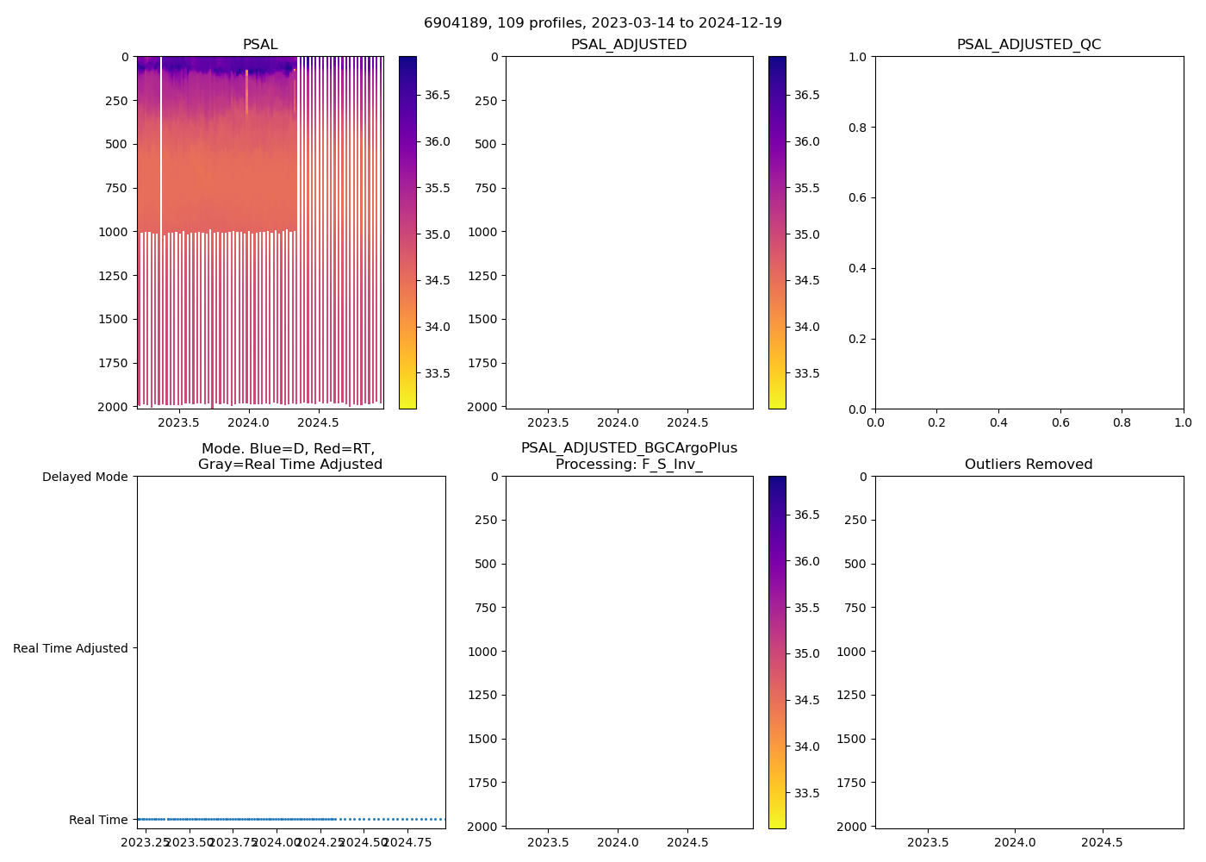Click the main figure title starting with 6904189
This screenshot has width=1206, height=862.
click(603, 23)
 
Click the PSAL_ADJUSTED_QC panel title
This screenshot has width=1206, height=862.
click(1029, 45)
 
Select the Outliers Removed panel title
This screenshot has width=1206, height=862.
click(1029, 465)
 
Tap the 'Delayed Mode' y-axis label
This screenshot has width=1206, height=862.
click(84, 477)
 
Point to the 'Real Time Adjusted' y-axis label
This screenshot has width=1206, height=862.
click(71, 648)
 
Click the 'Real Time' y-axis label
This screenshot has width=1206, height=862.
click(98, 820)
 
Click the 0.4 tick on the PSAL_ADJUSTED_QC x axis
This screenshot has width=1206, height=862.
click(998, 422)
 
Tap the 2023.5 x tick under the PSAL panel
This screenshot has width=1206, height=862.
click(178, 422)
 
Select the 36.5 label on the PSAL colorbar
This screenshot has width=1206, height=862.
click(438, 95)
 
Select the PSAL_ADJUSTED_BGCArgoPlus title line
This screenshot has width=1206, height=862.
click(629, 448)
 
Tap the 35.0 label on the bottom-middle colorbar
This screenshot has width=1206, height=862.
click(807, 654)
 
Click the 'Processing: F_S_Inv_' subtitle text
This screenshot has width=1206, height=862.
click(629, 465)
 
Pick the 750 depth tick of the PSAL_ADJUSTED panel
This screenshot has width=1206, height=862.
click(485, 188)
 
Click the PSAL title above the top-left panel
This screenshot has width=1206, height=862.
click(260, 45)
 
